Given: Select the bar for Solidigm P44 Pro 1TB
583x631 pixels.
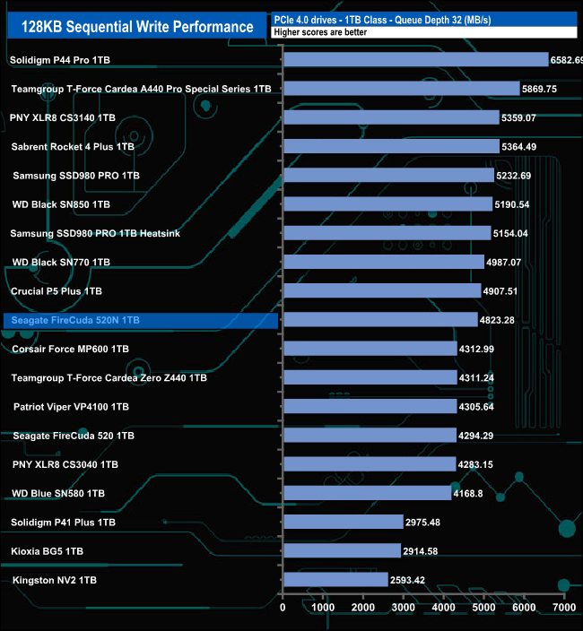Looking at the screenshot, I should tap(414, 60).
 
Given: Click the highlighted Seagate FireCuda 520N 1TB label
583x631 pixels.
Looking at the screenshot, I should tap(75, 320).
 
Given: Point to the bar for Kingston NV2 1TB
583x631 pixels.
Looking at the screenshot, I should tap(335, 580).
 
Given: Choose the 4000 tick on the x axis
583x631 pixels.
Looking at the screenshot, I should tap(443, 608).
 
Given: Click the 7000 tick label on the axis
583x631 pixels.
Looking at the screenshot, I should tap(563, 608).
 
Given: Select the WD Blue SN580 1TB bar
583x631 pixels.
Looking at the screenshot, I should tap(366, 493).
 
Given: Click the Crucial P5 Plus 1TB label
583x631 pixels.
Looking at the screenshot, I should tap(57, 291).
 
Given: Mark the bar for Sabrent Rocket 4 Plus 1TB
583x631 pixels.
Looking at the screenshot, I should tap(390, 146).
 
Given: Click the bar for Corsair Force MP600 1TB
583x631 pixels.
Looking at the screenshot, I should tap(370, 349).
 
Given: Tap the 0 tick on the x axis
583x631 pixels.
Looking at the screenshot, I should tap(283, 608).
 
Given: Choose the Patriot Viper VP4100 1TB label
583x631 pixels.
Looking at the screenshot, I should tap(71, 406).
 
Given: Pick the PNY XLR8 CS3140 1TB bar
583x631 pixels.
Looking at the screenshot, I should tap(390, 117).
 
